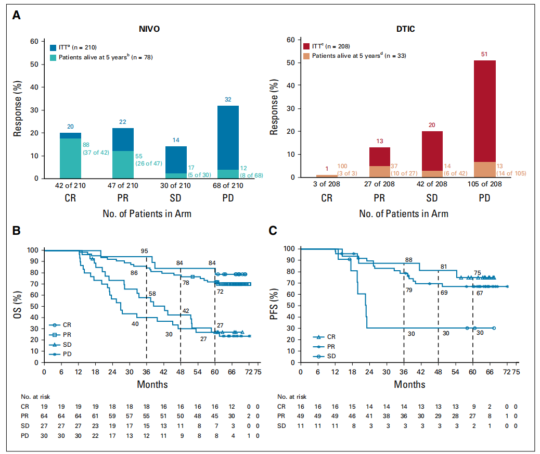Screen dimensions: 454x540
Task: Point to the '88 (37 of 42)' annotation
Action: point(95,148)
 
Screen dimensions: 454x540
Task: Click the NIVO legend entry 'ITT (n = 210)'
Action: point(73,47)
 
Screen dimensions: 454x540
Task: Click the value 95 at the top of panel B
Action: point(145,251)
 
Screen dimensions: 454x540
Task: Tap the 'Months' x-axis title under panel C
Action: point(409,385)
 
